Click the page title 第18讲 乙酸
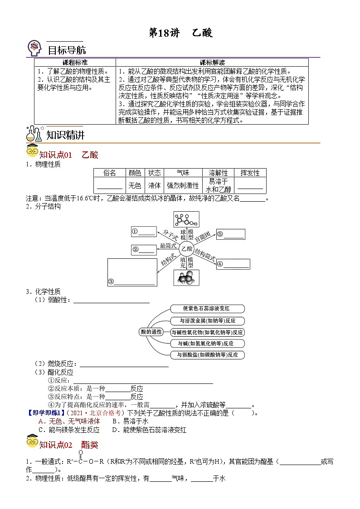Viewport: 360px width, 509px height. click(x=180, y=33)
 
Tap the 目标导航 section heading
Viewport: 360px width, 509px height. click(x=67, y=50)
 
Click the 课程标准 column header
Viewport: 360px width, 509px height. click(x=75, y=63)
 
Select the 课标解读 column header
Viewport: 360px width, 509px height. click(x=212, y=63)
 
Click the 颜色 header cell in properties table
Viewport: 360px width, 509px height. click(x=135, y=173)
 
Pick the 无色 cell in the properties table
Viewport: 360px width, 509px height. click(x=135, y=185)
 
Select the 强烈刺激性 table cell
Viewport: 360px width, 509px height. click(x=183, y=185)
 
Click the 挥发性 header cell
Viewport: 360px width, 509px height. click(x=250, y=173)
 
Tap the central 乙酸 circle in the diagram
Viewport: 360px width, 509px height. click(x=186, y=249)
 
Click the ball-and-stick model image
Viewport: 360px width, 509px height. click(x=186, y=219)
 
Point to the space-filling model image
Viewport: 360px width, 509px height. click(x=186, y=278)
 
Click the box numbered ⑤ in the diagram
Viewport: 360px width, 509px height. click(x=231, y=234)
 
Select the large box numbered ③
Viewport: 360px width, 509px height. click(x=132, y=272)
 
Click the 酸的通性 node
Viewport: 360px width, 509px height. click(x=151, y=332)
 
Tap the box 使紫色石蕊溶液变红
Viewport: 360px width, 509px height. click(x=208, y=309)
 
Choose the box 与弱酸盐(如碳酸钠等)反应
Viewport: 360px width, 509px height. click(x=208, y=355)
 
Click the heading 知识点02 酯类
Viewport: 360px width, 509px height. click(x=68, y=445)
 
